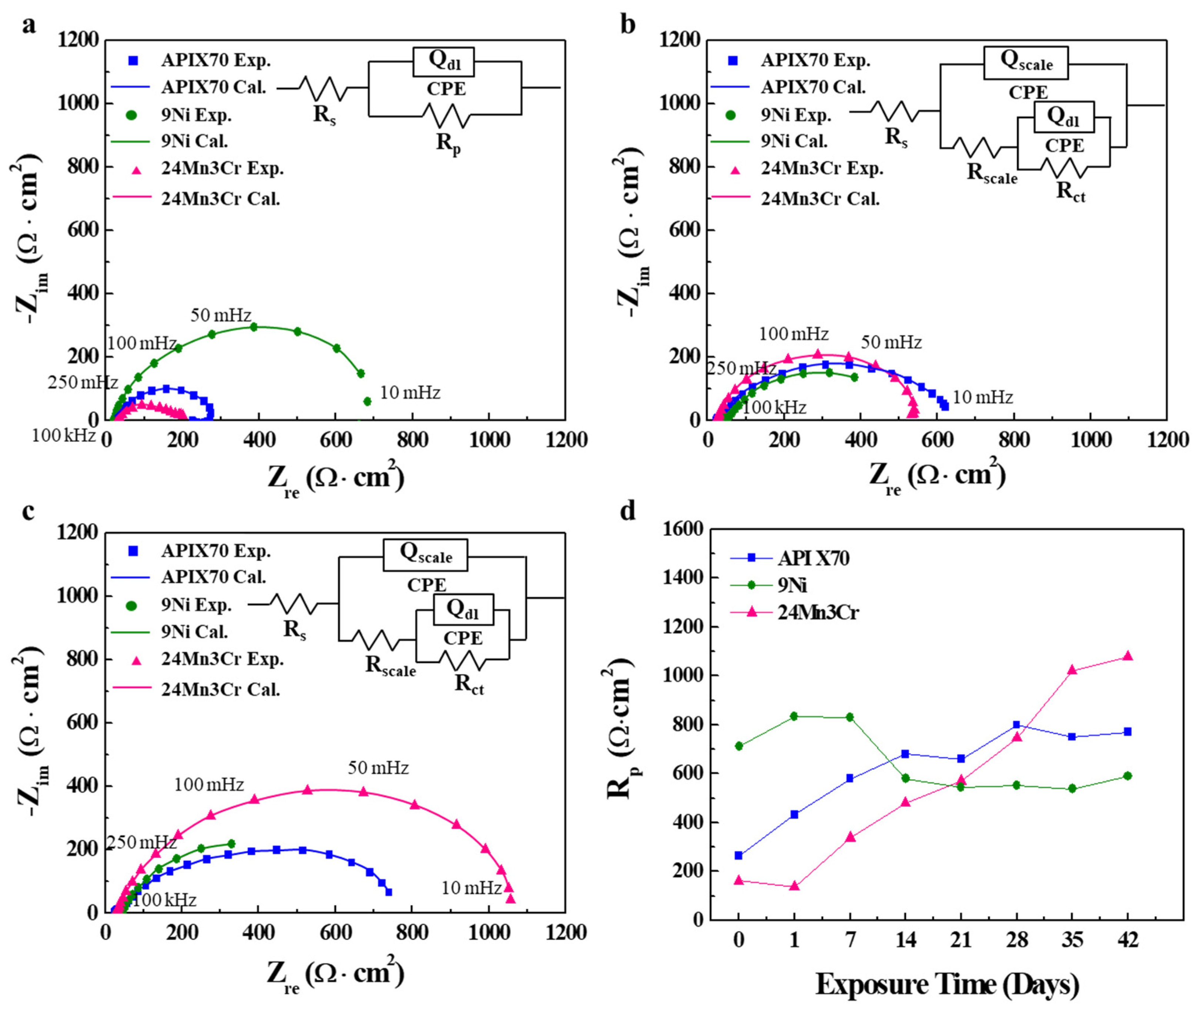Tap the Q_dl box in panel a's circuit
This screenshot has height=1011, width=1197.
(443, 62)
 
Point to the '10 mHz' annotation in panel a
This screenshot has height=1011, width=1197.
(410, 393)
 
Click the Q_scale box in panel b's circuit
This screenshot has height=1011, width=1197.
(1026, 63)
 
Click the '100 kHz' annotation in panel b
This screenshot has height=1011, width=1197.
(774, 407)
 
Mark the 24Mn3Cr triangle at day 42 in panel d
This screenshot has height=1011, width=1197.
(1127, 656)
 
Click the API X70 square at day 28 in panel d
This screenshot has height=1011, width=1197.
(1016, 725)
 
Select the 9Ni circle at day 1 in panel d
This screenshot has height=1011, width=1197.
(794, 716)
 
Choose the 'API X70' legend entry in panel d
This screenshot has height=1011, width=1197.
(813, 558)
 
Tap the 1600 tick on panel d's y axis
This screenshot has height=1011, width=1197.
(683, 528)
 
